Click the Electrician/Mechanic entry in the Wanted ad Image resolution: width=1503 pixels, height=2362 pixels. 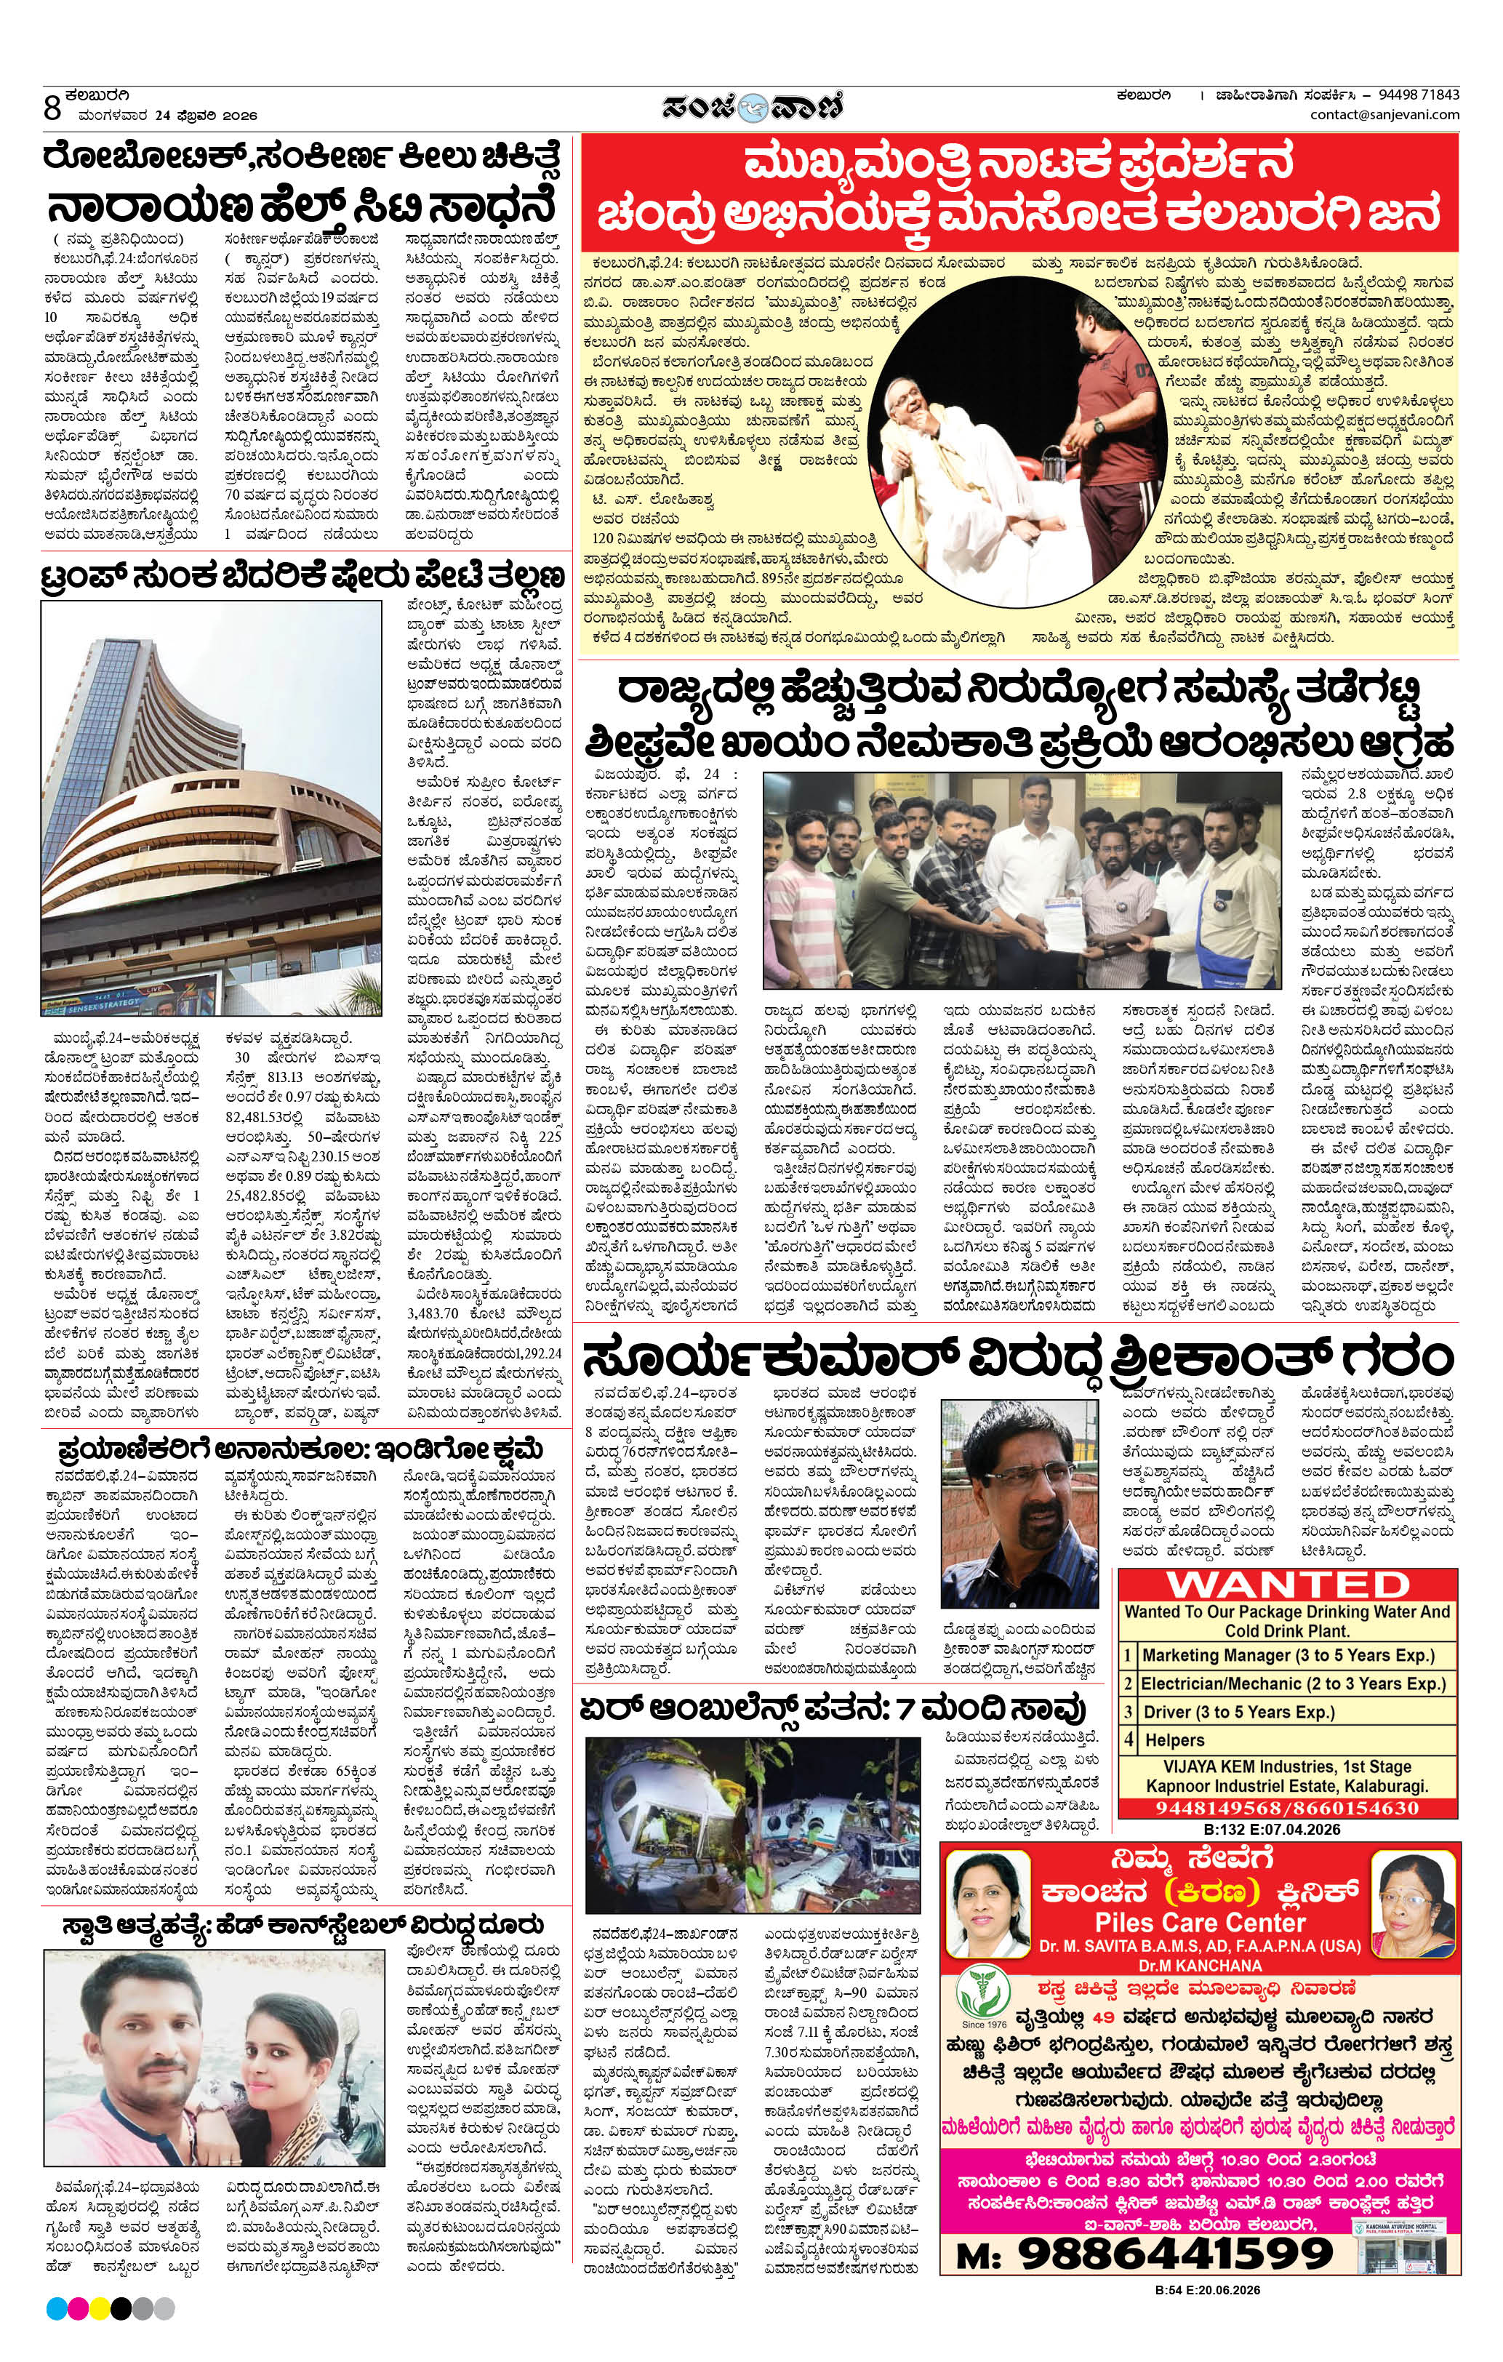(1292, 1684)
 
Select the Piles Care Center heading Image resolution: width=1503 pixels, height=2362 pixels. (1200, 1923)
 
